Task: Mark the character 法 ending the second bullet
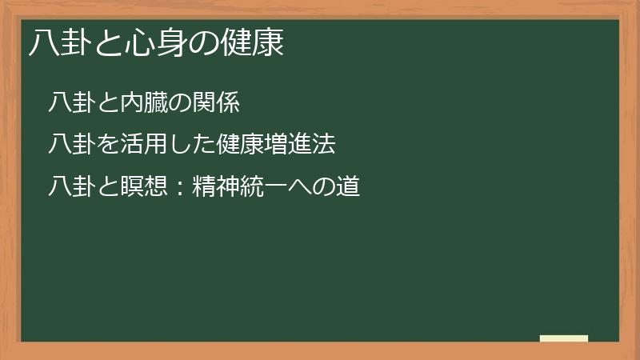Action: (x=323, y=145)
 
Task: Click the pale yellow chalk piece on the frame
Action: (x=564, y=338)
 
